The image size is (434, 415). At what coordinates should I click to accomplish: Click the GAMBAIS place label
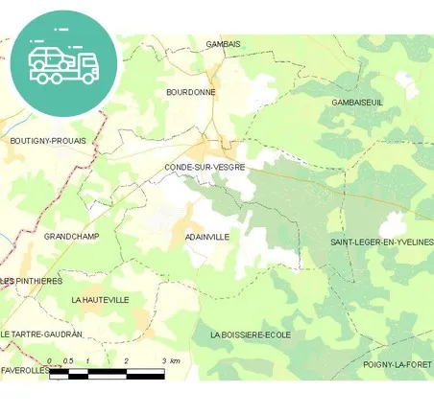223,44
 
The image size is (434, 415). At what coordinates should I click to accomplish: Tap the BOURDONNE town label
190,92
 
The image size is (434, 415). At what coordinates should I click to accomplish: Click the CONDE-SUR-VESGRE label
205,167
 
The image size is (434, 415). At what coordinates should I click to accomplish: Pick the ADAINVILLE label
206,236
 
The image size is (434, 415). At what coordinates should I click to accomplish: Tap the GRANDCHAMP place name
72,236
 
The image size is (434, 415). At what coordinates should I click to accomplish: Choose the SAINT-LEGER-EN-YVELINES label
381,242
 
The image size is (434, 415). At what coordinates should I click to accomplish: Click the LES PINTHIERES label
32,281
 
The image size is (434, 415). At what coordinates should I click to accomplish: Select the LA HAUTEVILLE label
100,300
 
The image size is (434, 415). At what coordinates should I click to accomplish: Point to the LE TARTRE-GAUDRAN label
41,334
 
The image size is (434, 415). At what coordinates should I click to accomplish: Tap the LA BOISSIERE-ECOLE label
250,334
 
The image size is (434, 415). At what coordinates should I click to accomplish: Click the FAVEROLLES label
25,369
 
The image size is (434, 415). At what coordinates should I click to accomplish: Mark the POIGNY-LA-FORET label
398,364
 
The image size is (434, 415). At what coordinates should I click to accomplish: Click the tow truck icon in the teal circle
63,63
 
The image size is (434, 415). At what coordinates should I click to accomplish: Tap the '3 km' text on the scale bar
171,359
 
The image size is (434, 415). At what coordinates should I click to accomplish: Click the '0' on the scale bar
49,359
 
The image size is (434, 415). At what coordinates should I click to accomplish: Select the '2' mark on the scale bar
126,359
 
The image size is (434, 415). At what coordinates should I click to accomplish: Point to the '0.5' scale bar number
67,359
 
